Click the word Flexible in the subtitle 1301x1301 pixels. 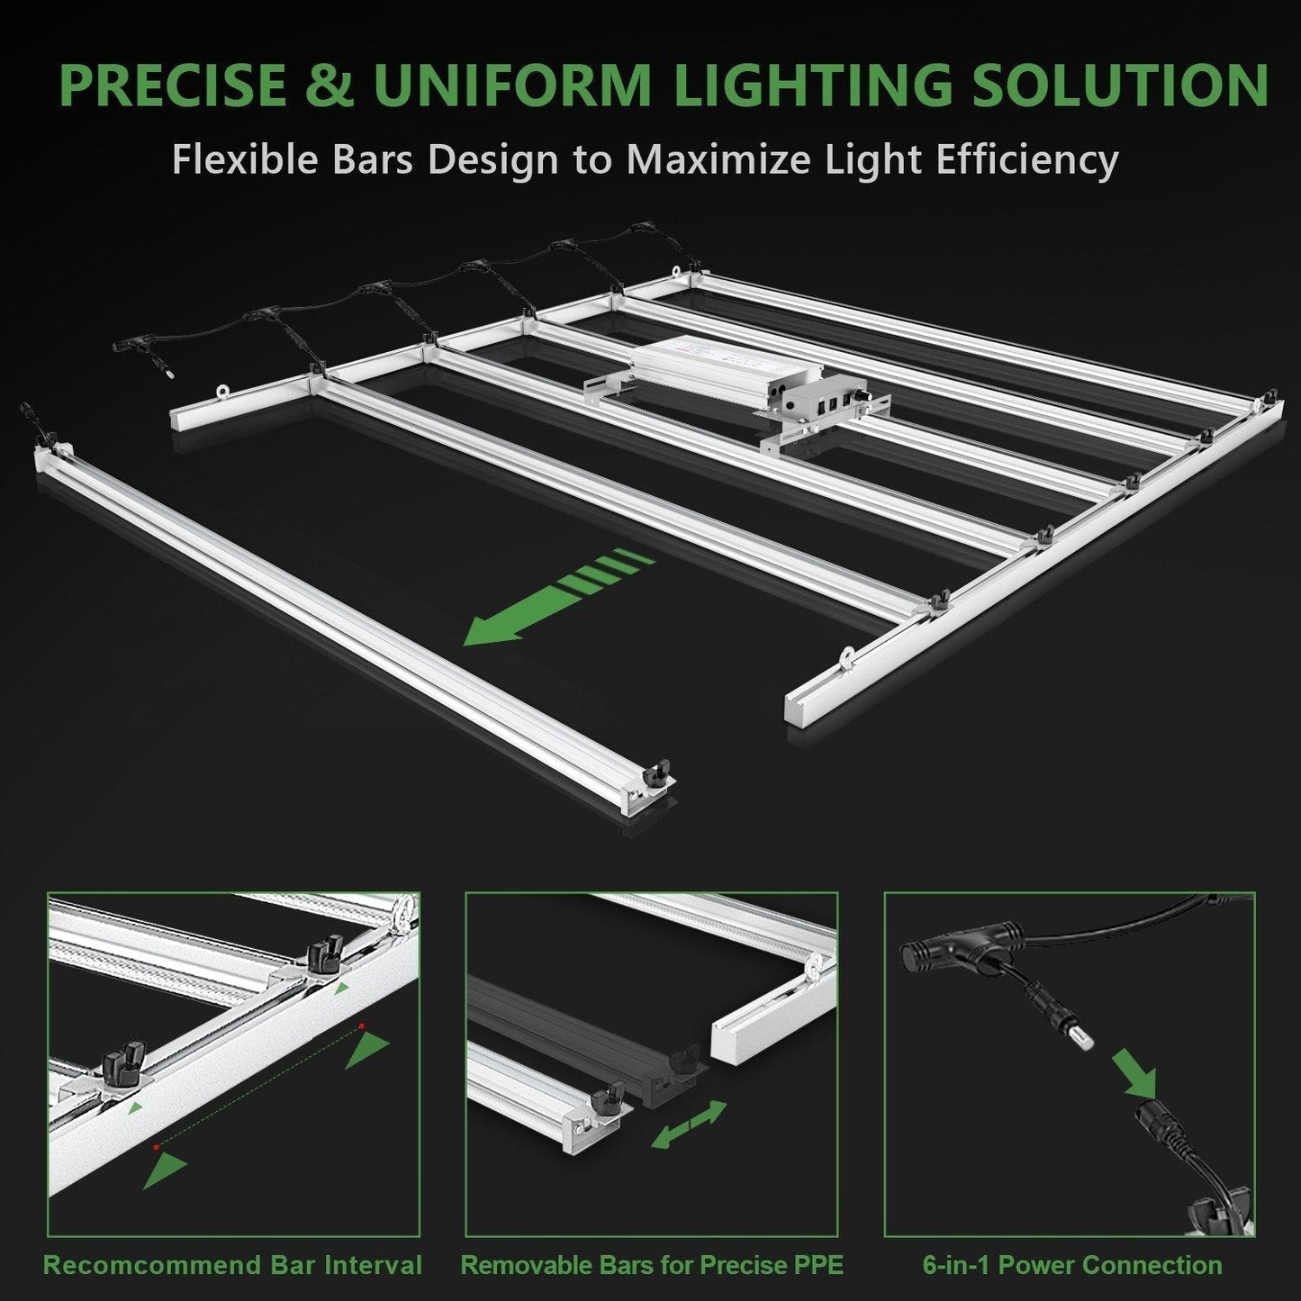tap(231, 160)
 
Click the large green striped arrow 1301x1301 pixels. tap(558, 599)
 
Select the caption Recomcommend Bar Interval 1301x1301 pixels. tap(233, 1264)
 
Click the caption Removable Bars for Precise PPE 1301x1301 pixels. tap(652, 1264)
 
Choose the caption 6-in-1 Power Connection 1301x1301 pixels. tap(1072, 1264)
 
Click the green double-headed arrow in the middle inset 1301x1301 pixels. tap(689, 1124)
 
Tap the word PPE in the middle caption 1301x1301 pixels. tap(815, 1264)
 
